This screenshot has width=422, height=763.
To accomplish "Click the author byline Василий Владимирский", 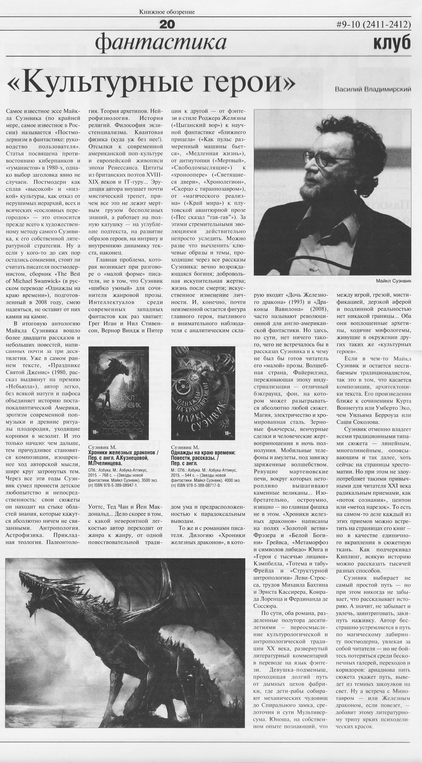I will (x=373, y=89).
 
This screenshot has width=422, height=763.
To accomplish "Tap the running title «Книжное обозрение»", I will (x=167, y=12).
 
